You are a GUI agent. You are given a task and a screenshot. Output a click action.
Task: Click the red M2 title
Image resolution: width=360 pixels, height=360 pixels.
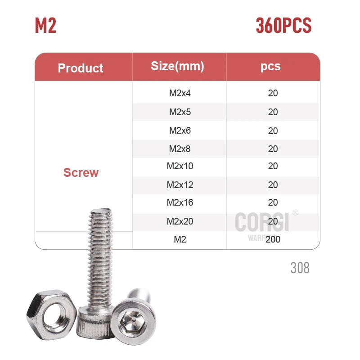45,26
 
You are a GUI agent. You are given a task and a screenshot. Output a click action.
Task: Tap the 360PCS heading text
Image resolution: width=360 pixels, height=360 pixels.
283,26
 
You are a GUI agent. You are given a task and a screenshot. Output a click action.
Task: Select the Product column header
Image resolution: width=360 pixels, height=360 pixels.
81,68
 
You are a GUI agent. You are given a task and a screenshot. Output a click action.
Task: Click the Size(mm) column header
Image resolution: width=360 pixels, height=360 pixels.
177,66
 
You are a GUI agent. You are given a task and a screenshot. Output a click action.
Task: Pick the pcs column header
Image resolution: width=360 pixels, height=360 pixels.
270,66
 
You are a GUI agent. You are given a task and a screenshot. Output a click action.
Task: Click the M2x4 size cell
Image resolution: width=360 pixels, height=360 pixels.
180,93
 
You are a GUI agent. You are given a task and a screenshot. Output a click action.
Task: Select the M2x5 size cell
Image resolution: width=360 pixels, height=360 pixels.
180,112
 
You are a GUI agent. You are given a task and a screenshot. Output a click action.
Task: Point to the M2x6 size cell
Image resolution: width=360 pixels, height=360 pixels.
180,130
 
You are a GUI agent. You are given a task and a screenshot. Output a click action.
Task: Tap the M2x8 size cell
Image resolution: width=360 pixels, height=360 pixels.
180,149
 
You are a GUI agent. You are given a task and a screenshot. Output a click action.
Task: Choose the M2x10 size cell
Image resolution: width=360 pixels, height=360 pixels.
180,166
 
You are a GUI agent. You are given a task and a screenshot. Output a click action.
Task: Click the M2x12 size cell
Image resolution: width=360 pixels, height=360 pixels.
180,185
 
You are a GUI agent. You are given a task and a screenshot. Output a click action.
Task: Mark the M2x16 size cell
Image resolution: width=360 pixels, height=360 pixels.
180,202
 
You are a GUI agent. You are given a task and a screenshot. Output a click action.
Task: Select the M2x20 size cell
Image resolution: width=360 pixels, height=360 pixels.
180,221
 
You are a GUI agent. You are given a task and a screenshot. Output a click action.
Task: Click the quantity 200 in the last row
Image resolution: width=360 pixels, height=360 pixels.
273,239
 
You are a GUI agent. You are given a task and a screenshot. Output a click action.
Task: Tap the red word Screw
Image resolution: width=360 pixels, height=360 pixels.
81,172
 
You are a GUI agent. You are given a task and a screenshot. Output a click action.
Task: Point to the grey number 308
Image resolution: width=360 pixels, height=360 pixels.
300,268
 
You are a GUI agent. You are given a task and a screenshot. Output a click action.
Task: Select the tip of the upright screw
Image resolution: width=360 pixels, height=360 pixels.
99,209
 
